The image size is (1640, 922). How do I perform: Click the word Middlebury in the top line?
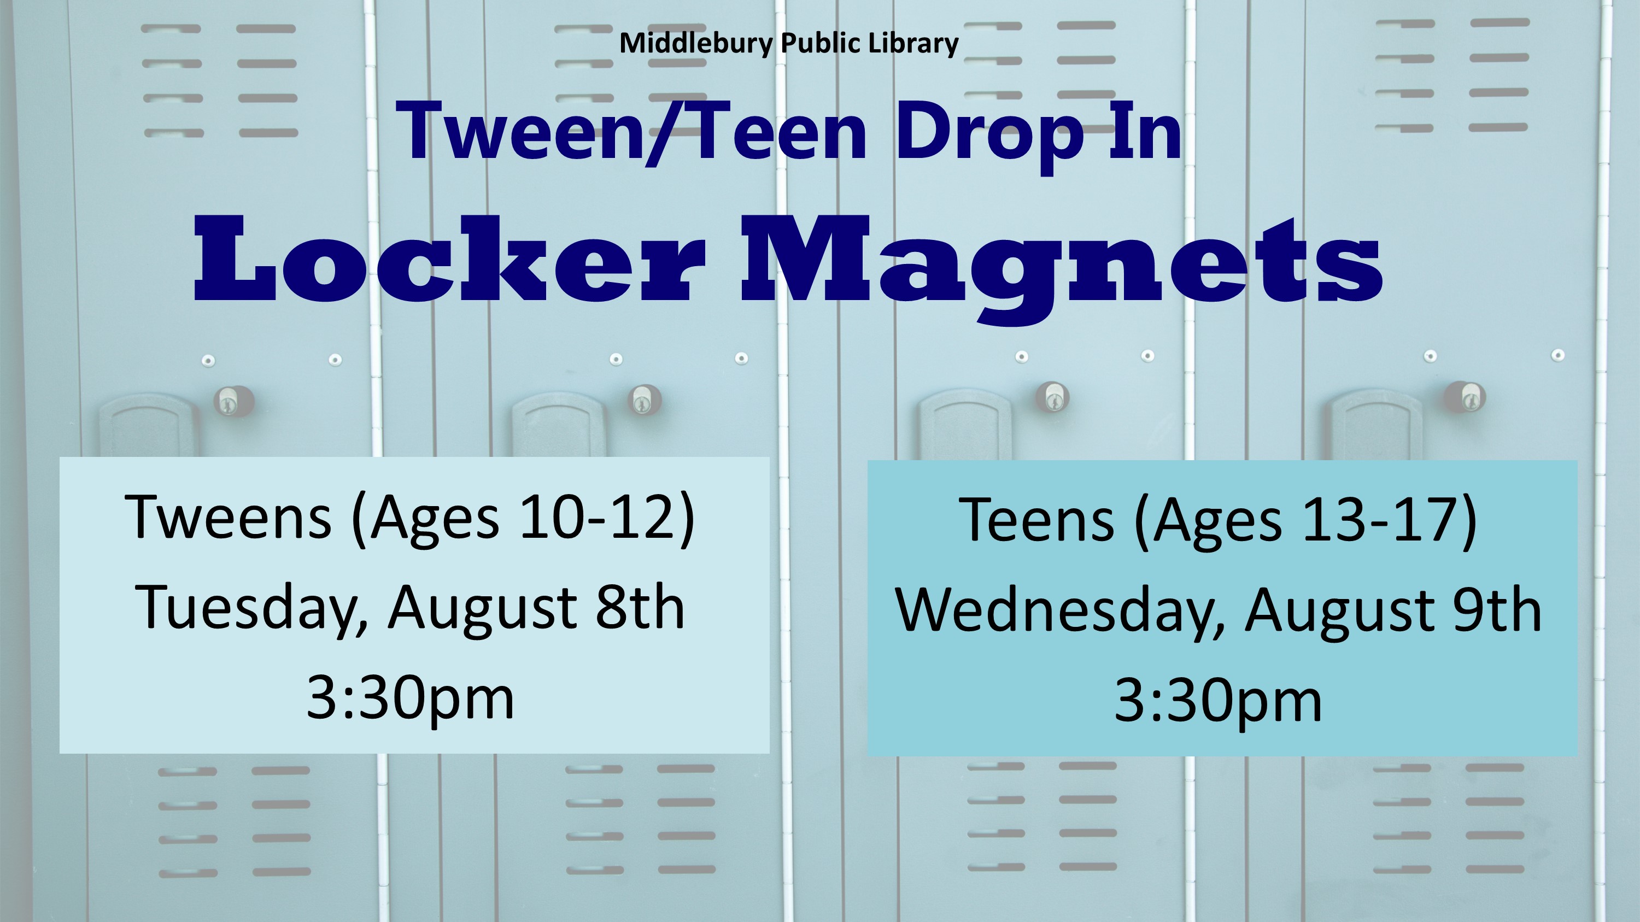(696, 43)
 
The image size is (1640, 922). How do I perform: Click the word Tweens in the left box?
(228, 516)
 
